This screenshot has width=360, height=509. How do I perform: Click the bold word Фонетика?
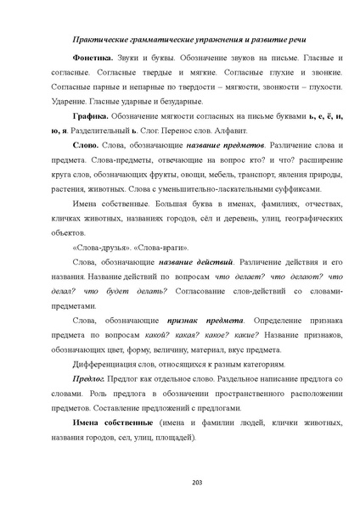point(92,57)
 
